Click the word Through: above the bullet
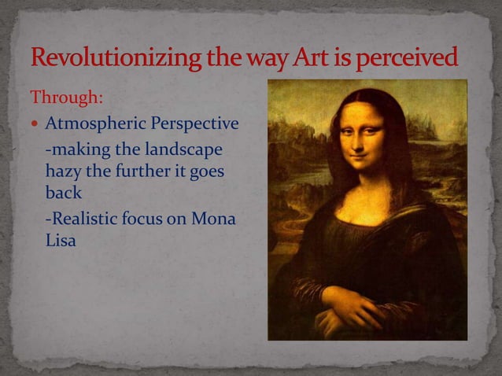coord(65,100)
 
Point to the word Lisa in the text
coord(61,241)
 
